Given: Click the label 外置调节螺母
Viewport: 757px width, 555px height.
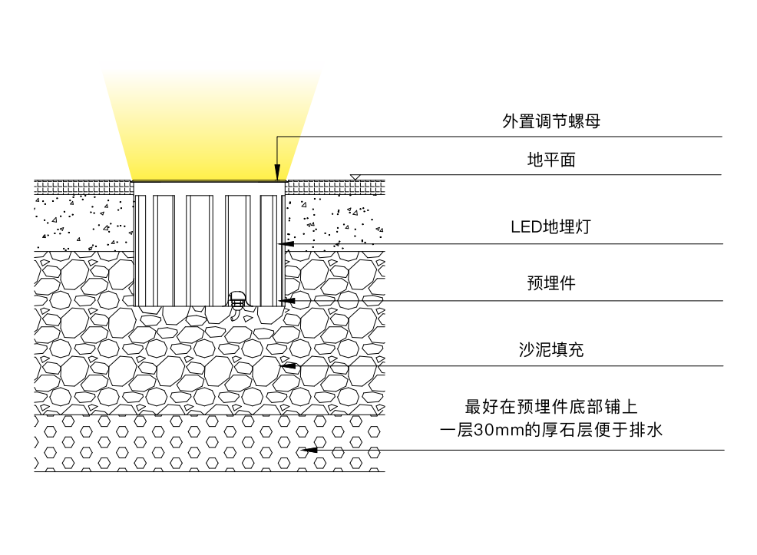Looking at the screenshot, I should click(x=550, y=121).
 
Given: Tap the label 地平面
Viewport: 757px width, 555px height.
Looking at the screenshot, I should click(x=551, y=160).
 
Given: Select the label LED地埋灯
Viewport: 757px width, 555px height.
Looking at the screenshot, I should click(x=550, y=227).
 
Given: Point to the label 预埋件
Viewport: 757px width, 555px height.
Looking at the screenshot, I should click(x=551, y=283).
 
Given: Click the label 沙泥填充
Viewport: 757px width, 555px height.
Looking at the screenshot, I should click(x=551, y=350).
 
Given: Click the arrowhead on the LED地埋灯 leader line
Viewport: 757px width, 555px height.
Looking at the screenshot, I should click(x=286, y=244).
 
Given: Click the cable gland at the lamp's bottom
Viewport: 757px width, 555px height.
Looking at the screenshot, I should click(x=237, y=299).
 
